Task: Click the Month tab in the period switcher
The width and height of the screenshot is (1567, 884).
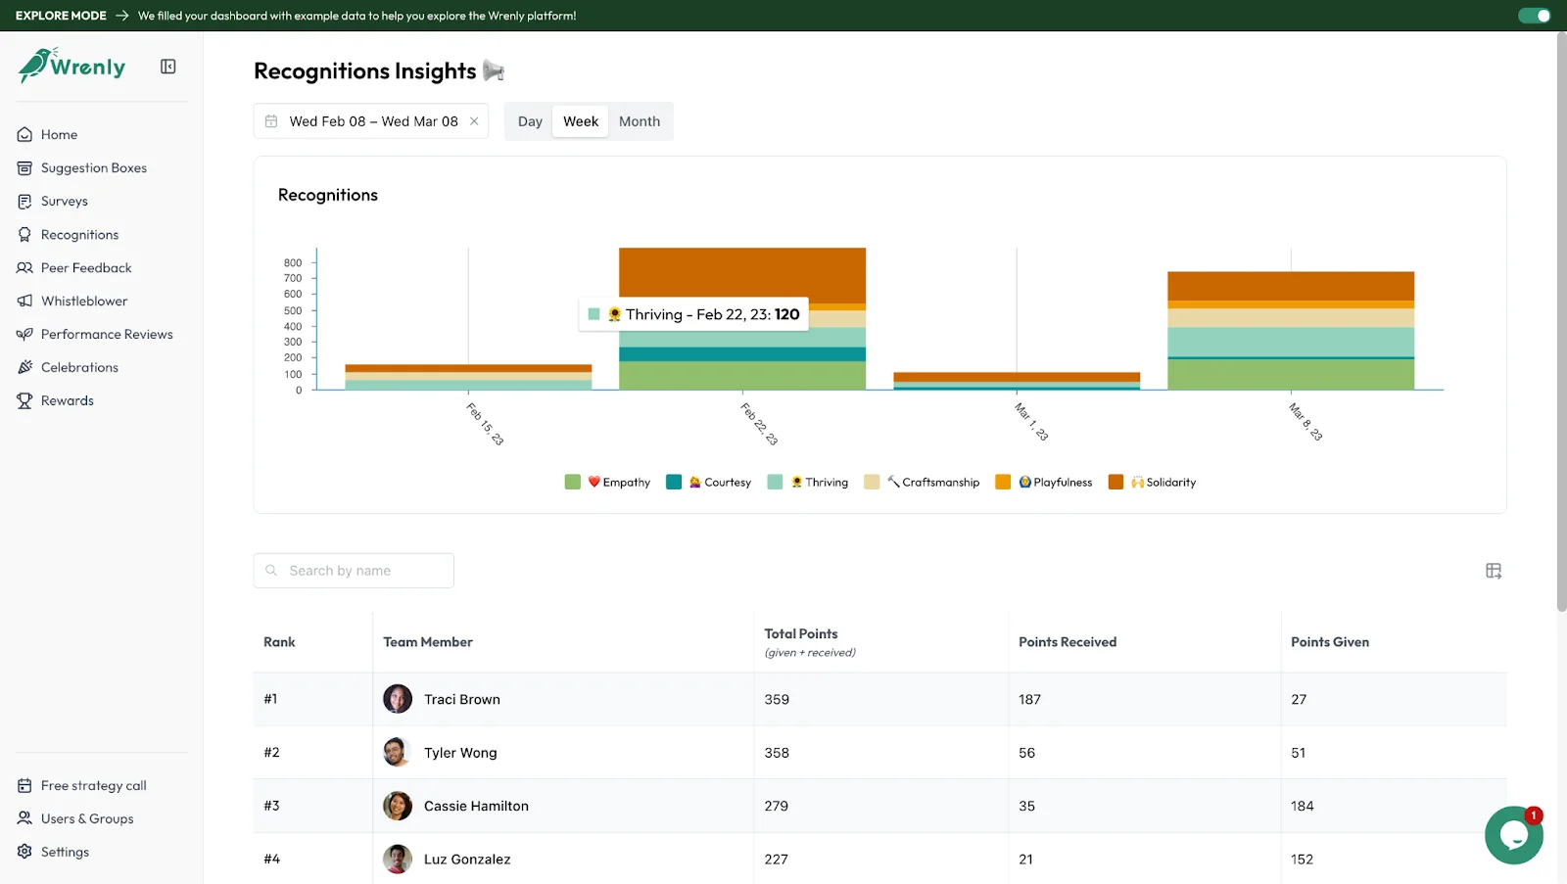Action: click(x=639, y=121)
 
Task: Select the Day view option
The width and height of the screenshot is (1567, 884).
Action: click(x=530, y=121)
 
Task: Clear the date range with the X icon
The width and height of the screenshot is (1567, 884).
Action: click(x=474, y=121)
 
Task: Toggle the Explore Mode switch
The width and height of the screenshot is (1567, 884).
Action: click(x=1534, y=16)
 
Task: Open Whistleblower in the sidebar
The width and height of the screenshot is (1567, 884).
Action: click(x=84, y=302)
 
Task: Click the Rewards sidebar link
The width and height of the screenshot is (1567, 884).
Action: click(x=68, y=401)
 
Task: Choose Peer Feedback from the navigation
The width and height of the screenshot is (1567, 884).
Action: click(x=86, y=268)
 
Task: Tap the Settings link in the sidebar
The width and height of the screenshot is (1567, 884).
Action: click(x=65, y=853)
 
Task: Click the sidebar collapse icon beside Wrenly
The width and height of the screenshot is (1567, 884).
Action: click(x=168, y=67)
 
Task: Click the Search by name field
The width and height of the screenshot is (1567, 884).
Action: click(x=354, y=571)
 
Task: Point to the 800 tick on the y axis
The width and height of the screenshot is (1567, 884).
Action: click(x=293, y=263)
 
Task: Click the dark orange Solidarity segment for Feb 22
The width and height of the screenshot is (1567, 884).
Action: click(x=741, y=274)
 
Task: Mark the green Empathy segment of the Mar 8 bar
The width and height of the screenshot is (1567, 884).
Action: click(x=1290, y=375)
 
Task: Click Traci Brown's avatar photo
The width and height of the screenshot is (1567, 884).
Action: click(x=398, y=699)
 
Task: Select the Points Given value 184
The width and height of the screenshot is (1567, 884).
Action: click(x=1302, y=807)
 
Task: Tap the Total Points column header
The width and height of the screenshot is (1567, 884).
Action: click(x=801, y=634)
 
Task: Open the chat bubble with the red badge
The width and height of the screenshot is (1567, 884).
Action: click(x=1513, y=835)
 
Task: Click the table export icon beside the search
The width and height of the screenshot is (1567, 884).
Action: click(x=1493, y=571)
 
